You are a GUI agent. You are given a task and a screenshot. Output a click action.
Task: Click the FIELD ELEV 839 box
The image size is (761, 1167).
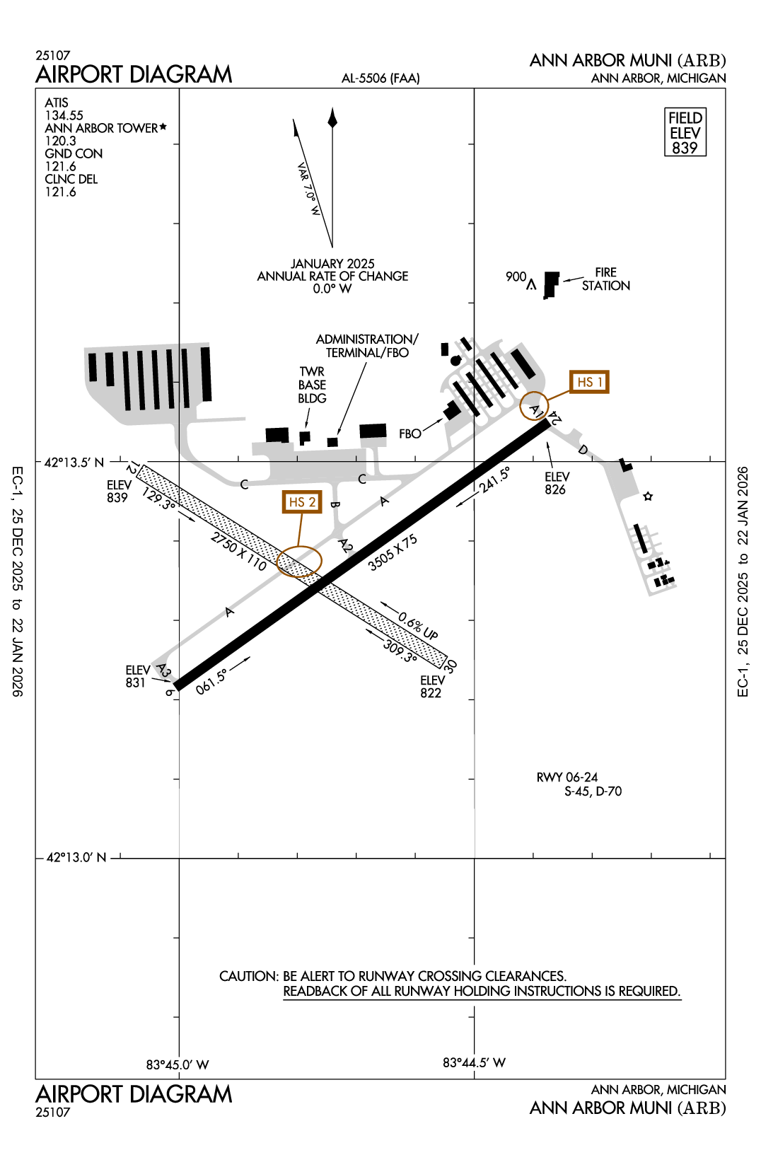(x=685, y=132)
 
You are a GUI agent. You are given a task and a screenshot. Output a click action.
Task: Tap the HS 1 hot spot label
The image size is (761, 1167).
(x=589, y=382)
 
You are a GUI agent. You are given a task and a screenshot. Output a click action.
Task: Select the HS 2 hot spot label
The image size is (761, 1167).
(x=301, y=502)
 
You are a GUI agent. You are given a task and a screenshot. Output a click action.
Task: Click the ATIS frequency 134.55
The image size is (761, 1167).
(x=64, y=115)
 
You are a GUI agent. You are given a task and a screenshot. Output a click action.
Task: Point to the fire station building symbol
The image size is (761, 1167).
(x=551, y=284)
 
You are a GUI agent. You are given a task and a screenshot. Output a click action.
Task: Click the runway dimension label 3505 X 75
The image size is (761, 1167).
(x=393, y=552)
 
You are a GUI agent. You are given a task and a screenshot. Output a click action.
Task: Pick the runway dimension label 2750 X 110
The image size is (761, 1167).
(x=238, y=552)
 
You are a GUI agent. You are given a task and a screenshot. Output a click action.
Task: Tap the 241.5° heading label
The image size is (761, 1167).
(x=494, y=480)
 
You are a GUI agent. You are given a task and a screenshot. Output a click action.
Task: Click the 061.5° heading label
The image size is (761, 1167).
(x=211, y=682)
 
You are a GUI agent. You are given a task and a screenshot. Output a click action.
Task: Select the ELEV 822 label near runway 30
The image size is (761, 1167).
(x=431, y=687)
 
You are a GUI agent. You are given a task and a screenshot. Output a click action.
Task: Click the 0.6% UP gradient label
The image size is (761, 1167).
(x=417, y=625)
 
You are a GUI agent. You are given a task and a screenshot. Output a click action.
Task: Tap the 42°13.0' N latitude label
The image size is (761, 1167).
(x=76, y=857)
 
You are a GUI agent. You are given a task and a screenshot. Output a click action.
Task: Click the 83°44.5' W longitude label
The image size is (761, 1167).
(x=474, y=1062)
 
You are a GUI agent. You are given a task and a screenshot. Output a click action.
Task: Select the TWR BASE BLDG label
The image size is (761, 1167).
(x=312, y=385)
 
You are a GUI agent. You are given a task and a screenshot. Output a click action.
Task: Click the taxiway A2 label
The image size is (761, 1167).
(x=345, y=545)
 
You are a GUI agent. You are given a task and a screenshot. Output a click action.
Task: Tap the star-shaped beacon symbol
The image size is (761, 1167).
(x=648, y=497)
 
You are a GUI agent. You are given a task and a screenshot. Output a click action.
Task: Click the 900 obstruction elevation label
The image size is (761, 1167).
(x=516, y=277)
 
